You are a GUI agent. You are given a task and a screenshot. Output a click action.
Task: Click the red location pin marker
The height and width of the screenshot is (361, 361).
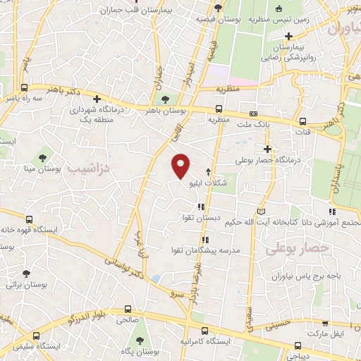[181, 166]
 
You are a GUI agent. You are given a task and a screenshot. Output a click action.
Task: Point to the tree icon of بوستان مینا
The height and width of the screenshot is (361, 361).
[42, 154]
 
